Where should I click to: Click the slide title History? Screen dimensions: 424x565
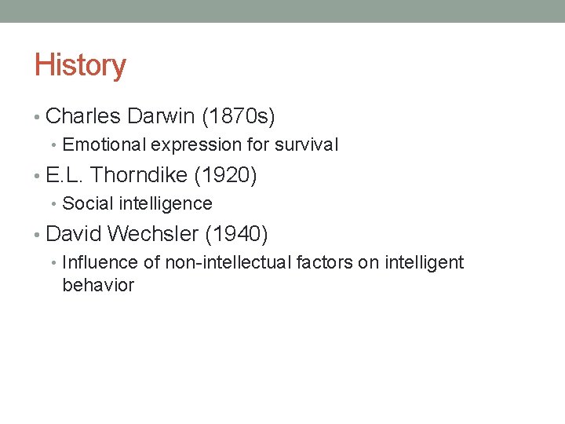[x=79, y=65]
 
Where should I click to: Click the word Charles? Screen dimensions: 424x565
[x=83, y=117]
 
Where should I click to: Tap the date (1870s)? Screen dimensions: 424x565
[x=239, y=117]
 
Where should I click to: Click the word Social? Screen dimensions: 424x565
[x=84, y=203]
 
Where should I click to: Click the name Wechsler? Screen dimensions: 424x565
[x=153, y=234]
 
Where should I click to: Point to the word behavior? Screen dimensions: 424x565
[x=98, y=285]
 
